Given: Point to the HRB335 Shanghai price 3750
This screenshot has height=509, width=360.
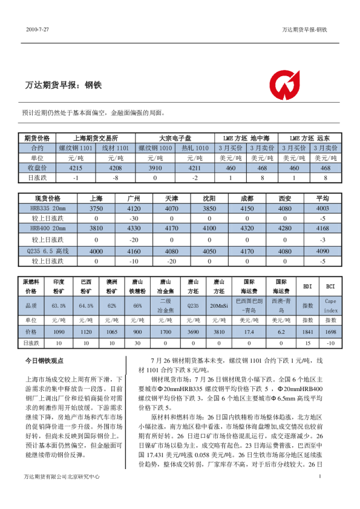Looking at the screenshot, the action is [x=97, y=208].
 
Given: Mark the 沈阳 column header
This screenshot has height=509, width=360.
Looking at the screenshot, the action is [x=209, y=198].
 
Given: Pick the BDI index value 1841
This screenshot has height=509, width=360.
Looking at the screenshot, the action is [x=308, y=332].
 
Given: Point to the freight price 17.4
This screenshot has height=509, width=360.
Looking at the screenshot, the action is [x=248, y=332].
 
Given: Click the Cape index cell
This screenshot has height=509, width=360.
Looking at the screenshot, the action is [x=330, y=305].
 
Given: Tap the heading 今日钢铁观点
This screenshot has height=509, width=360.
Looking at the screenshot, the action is [x=44, y=361].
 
